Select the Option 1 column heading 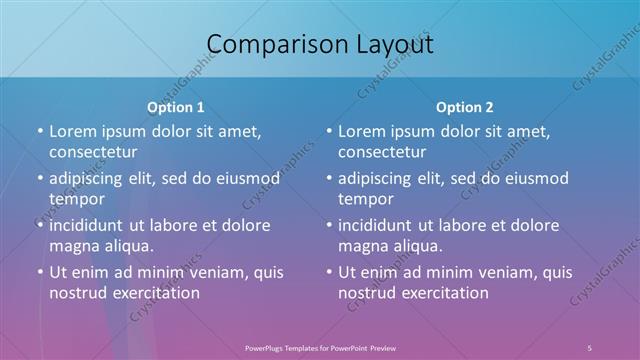(x=175, y=107)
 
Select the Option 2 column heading (x=464, y=107)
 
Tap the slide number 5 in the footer (x=590, y=347)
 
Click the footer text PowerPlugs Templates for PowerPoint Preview (x=320, y=347)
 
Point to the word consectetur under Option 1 (x=93, y=152)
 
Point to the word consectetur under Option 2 (x=382, y=152)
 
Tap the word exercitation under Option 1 (x=153, y=293)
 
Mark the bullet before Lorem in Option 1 (x=40, y=131)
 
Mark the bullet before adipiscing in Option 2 (x=329, y=178)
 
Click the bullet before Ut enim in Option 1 (x=40, y=272)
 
